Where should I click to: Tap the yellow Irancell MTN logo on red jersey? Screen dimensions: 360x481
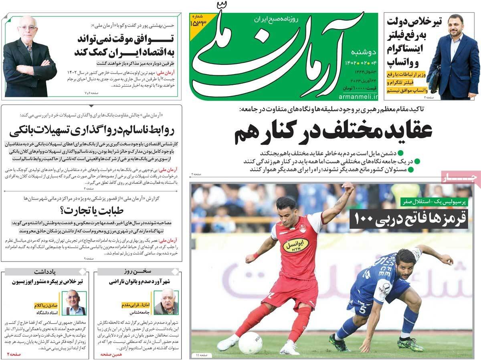[296, 245]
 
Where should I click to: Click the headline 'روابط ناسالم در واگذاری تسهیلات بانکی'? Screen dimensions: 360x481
[92, 130]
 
